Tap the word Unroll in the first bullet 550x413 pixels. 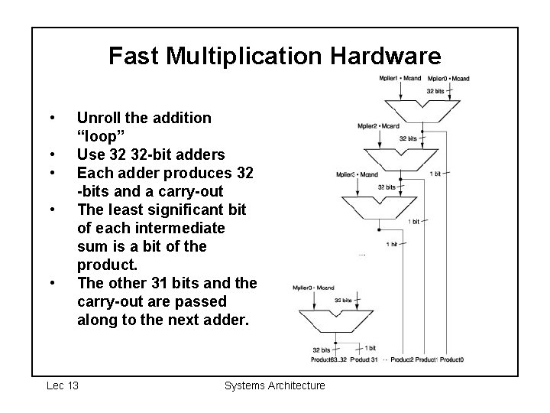pos(99,118)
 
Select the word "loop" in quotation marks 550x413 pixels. pos(103,136)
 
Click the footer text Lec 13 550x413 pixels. pos(62,385)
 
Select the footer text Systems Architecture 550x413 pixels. pos(275,385)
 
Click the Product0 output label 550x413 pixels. pos(451,359)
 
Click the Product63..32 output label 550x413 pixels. pos(329,359)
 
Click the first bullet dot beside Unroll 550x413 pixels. pos(50,118)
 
